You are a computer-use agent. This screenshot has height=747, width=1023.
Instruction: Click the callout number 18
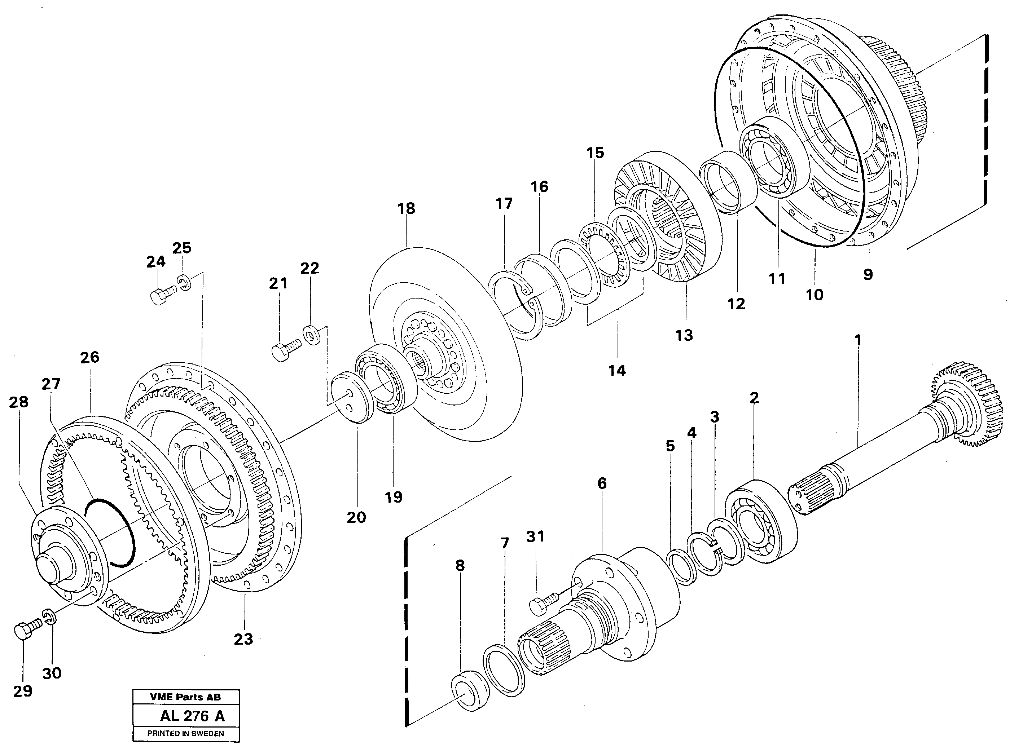(x=406, y=208)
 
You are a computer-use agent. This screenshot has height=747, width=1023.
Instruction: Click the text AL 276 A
(x=192, y=716)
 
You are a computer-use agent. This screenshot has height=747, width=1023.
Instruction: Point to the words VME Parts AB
(x=185, y=697)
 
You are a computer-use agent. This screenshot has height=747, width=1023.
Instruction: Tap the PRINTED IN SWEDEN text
(x=185, y=733)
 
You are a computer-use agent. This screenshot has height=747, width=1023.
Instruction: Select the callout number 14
(x=617, y=370)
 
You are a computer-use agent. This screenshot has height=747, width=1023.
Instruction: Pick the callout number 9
(x=868, y=274)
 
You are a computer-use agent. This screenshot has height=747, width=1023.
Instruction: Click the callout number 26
(x=89, y=357)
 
